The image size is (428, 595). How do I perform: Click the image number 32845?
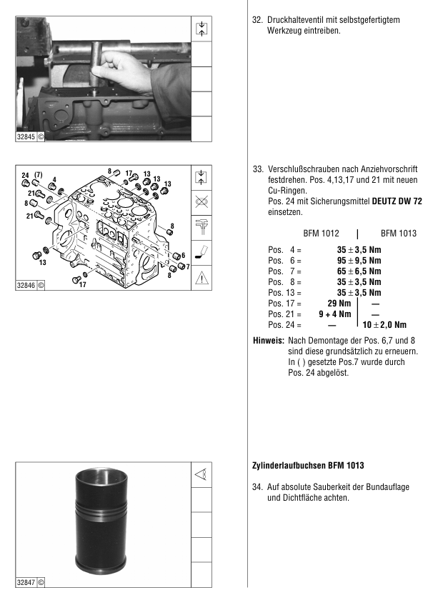click(x=26, y=136)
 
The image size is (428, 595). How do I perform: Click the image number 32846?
click(x=26, y=285)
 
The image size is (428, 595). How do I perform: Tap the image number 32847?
click(x=26, y=582)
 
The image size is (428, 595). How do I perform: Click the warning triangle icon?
click(x=201, y=278)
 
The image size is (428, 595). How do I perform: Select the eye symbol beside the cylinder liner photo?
click(x=201, y=474)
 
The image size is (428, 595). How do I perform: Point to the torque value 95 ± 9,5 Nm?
click(x=359, y=260)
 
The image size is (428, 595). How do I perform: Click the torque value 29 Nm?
click(x=339, y=303)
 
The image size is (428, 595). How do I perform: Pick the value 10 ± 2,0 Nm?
click(x=384, y=325)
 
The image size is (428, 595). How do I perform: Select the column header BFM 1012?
click(x=321, y=234)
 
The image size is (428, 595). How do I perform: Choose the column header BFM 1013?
click(x=399, y=234)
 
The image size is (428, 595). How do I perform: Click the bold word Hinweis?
click(x=268, y=341)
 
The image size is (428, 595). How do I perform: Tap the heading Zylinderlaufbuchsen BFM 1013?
click(x=308, y=465)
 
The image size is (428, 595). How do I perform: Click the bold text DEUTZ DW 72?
click(x=397, y=201)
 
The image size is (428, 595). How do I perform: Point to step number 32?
click(x=257, y=20)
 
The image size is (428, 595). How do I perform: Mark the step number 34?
click(x=257, y=487)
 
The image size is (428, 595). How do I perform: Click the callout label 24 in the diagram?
click(x=26, y=175)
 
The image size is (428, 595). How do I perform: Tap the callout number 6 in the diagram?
click(x=183, y=256)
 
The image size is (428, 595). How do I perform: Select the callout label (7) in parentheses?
click(x=39, y=175)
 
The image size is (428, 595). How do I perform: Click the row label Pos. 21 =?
click(x=284, y=314)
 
